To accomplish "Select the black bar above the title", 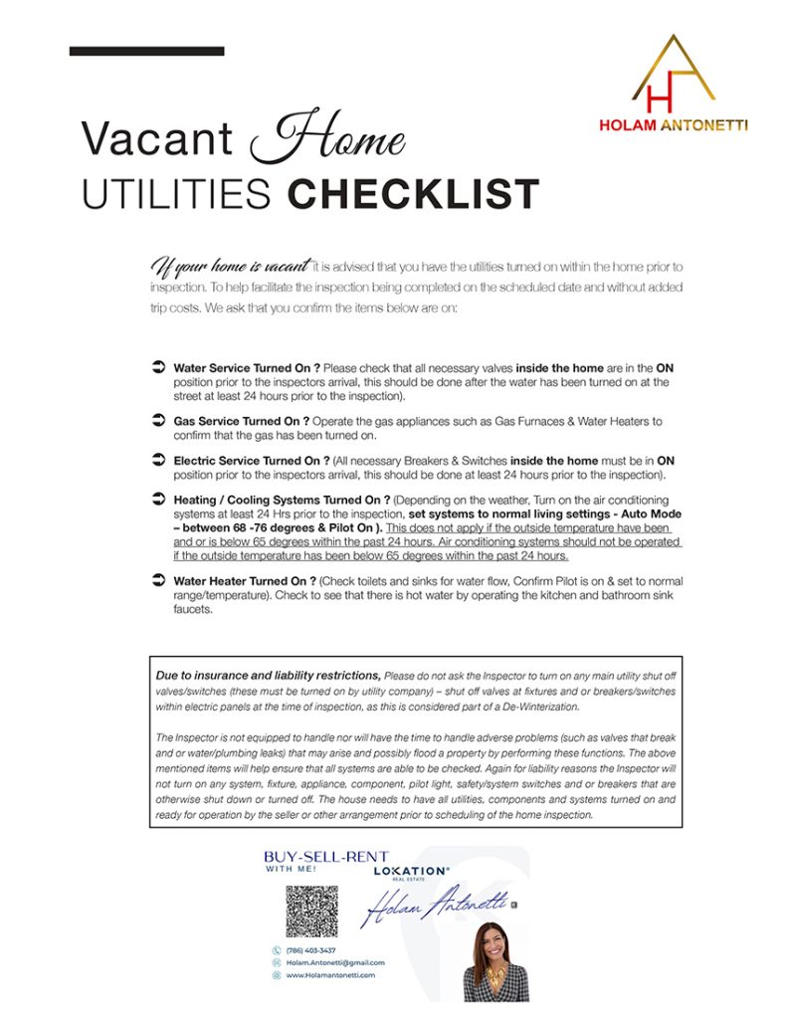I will (146, 51).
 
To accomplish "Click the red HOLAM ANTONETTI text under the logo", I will (674, 126).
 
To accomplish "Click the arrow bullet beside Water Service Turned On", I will (157, 368).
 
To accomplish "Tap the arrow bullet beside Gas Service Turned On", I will (157, 421).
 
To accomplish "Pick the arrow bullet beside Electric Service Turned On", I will (157, 461).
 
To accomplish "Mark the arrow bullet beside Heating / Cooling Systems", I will (157, 500).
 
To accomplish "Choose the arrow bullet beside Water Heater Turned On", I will (157, 579).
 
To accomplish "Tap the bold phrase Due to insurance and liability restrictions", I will (268, 674).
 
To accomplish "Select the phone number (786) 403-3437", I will (310, 950).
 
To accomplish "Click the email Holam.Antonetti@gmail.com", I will (334, 963).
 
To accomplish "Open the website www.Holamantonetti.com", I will (330, 976).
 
